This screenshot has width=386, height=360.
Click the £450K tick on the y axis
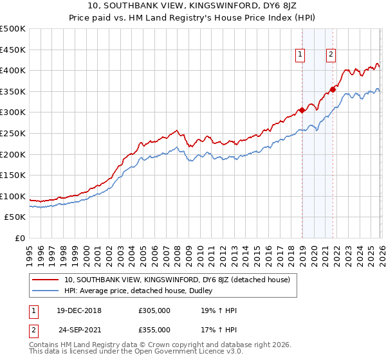tap(13, 50)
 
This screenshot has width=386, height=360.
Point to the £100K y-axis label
tap(13, 196)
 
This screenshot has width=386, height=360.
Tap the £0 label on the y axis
tap(20, 239)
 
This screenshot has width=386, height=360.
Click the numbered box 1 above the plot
tap(300, 55)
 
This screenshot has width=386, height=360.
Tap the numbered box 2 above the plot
tap(331, 55)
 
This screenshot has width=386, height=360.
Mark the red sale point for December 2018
tap(302, 111)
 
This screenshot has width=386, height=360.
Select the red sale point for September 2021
tap(333, 89)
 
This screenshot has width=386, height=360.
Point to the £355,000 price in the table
tap(154, 329)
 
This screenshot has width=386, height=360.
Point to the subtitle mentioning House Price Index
tap(193, 19)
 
